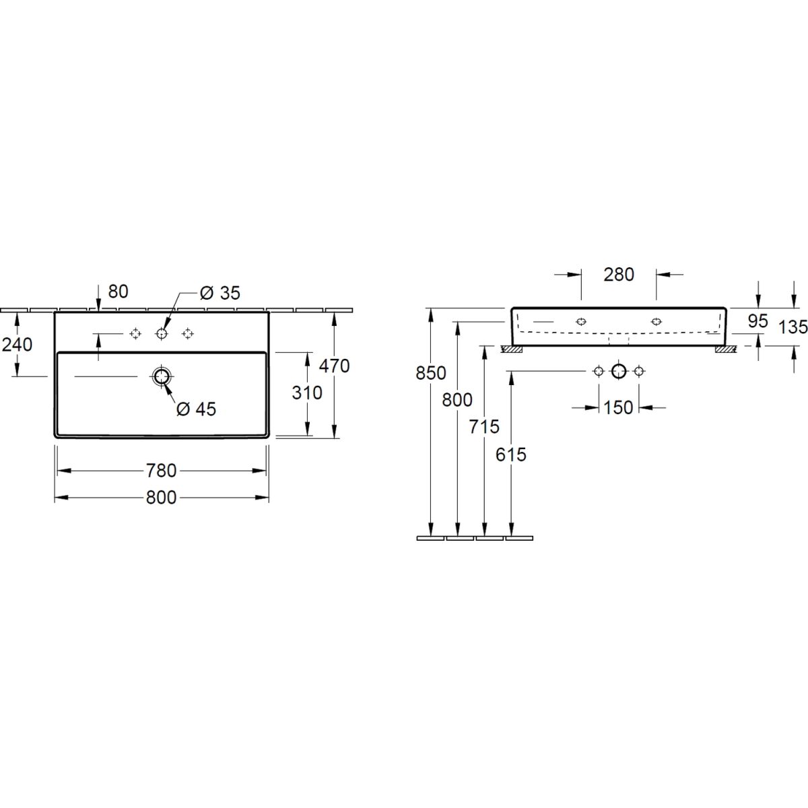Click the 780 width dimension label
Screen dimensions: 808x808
pyautogui.click(x=161, y=471)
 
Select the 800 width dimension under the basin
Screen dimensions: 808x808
pyautogui.click(x=161, y=498)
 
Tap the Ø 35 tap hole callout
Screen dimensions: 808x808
pyautogui.click(x=220, y=293)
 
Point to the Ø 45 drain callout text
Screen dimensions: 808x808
pyautogui.click(x=196, y=409)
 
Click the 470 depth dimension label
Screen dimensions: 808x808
pyautogui.click(x=334, y=366)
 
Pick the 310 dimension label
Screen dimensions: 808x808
pyautogui.click(x=307, y=393)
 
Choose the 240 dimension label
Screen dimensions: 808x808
pyautogui.click(x=18, y=345)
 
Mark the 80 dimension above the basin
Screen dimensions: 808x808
pyautogui.click(x=119, y=292)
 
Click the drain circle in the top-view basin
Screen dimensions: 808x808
pyautogui.click(x=161, y=376)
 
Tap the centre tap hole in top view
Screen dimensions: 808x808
pyautogui.click(x=162, y=334)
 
